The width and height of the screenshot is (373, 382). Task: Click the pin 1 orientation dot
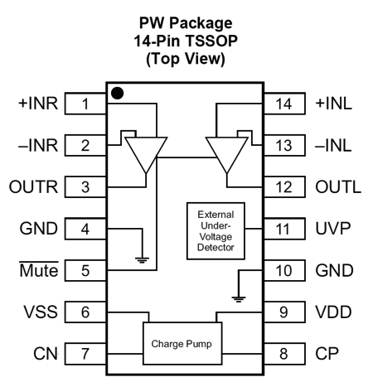click(x=117, y=93)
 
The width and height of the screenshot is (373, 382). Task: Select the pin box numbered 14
click(x=284, y=104)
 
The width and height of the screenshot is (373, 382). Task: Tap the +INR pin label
click(x=38, y=104)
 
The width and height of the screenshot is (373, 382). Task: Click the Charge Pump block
click(x=182, y=343)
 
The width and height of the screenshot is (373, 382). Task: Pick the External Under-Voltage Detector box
click(x=216, y=231)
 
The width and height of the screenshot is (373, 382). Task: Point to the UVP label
click(x=333, y=229)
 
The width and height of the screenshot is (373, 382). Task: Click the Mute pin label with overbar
click(x=39, y=269)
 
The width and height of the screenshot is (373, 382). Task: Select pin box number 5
click(x=85, y=270)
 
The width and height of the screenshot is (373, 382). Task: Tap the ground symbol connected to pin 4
click(x=142, y=260)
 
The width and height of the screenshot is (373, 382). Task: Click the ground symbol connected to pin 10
click(x=239, y=299)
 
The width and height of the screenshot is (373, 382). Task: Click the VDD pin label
click(x=333, y=312)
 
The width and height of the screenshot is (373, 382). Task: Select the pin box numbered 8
click(x=284, y=354)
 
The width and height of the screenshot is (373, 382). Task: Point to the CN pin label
click(x=46, y=354)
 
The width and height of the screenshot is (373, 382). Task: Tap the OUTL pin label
click(x=338, y=187)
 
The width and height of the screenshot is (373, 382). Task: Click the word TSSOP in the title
click(x=211, y=41)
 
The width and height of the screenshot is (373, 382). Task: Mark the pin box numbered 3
click(x=85, y=187)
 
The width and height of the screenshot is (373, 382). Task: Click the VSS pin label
click(x=41, y=312)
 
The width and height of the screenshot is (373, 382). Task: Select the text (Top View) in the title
click(x=186, y=59)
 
